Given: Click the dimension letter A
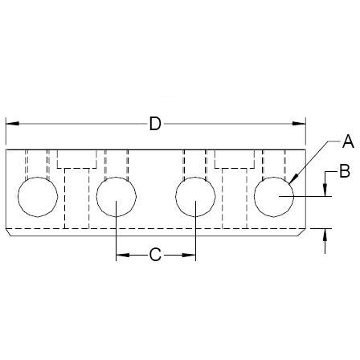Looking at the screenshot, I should pyautogui.click(x=348, y=142).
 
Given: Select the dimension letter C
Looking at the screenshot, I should pyautogui.click(x=156, y=256).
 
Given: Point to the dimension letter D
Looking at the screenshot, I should pyautogui.click(x=156, y=123).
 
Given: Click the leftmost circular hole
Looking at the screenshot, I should pyautogui.click(x=38, y=198).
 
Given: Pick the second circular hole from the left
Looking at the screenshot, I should pyautogui.click(x=117, y=198).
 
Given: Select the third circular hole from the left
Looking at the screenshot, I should pyautogui.click(x=195, y=198).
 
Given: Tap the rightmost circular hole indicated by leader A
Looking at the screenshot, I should pyautogui.click(x=274, y=198).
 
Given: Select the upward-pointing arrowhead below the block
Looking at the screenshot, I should pyautogui.click(x=325, y=234).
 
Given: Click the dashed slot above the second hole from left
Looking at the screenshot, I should pyautogui.click(x=117, y=165).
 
